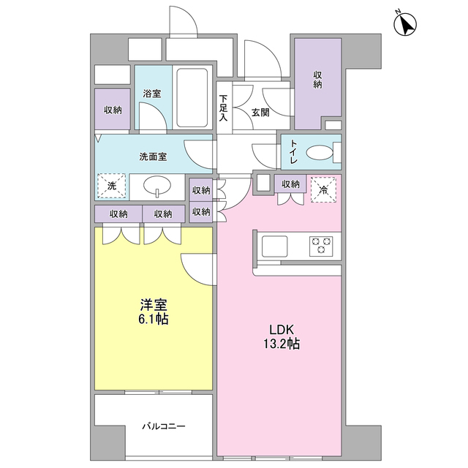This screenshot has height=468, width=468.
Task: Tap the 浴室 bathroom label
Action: click(x=152, y=94)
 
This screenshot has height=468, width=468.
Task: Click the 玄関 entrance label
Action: click(x=260, y=113)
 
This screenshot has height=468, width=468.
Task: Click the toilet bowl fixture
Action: click(x=320, y=153)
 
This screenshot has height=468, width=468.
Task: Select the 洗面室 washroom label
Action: click(x=153, y=156)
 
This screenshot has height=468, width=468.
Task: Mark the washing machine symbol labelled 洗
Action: click(x=112, y=186)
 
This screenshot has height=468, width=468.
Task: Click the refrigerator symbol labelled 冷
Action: click(x=322, y=188)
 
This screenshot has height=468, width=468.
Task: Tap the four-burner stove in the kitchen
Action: click(x=321, y=246)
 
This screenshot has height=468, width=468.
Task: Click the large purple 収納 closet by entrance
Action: click(x=318, y=80)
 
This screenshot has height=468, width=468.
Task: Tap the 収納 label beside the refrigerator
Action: click(x=290, y=184)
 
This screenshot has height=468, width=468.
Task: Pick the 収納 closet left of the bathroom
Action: click(x=112, y=110)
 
